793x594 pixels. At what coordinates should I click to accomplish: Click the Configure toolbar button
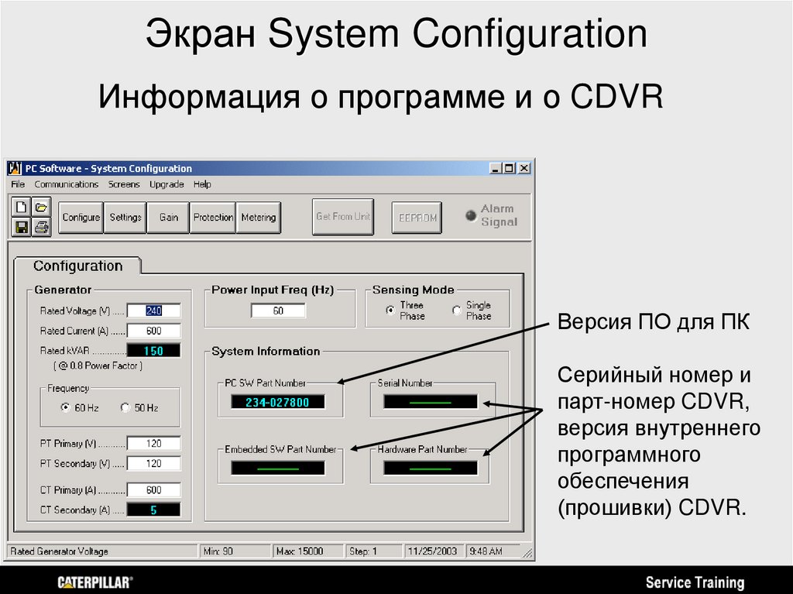81,218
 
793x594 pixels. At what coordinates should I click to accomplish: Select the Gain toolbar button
169,218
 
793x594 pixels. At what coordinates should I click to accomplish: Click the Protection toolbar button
213,218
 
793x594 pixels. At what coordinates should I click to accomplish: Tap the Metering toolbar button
258,218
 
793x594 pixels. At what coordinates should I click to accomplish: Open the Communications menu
67,184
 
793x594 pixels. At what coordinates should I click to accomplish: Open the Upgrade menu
166,184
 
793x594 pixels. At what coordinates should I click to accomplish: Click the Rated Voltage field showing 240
153,311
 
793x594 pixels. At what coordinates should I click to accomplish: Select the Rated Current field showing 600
153,331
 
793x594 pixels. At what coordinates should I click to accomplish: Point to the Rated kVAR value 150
153,351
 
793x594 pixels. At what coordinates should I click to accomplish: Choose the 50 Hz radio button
125,408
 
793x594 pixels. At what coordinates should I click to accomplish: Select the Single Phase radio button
457,311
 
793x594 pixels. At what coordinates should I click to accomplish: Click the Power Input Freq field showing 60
278,311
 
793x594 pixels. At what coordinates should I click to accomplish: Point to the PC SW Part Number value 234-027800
277,402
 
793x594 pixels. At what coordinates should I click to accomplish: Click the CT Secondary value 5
153,510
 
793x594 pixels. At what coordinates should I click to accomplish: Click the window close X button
524,168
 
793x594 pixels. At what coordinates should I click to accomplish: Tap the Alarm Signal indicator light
471,216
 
